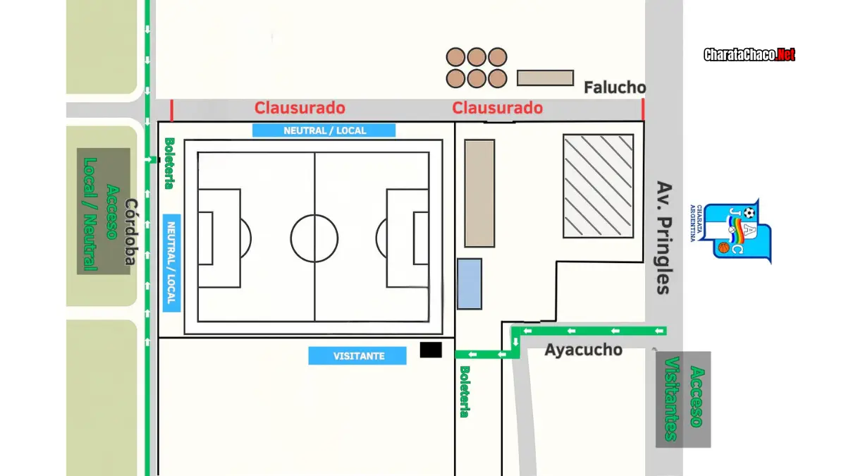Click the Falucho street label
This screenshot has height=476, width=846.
click(x=615, y=87)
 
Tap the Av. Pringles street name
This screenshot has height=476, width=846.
click(x=664, y=238)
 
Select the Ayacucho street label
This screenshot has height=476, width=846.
click(x=584, y=350)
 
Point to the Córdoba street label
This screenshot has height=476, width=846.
click(x=131, y=231)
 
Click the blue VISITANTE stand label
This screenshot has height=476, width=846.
click(x=357, y=356)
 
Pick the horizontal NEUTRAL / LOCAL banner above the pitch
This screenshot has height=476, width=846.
click(x=324, y=130)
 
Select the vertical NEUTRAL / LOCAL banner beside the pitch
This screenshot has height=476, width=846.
click(x=171, y=263)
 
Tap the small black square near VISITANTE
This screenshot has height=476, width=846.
click(x=431, y=350)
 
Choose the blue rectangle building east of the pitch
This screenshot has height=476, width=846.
click(x=470, y=284)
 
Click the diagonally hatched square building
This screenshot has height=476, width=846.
click(x=599, y=186)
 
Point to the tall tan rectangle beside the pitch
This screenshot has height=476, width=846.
click(x=479, y=193)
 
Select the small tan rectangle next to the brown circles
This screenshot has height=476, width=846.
click(x=546, y=78)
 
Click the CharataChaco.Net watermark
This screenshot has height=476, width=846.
click(x=749, y=55)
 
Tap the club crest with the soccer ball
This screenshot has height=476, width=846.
click(x=732, y=231)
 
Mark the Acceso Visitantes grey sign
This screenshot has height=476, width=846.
click(x=683, y=400)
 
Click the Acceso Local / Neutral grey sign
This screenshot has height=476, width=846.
click(x=104, y=211)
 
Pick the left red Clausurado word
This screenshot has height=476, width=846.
click(x=300, y=108)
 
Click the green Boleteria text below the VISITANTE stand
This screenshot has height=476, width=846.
click(x=465, y=391)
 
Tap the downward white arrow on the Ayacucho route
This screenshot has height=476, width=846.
click(x=515, y=342)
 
